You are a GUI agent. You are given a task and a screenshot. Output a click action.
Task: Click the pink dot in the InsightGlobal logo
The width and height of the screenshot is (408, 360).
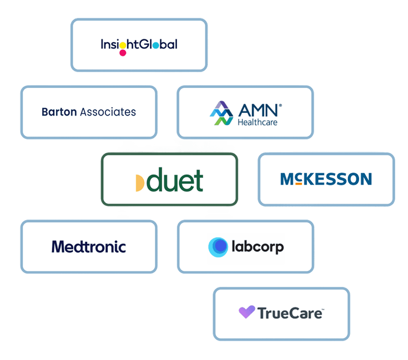pyautogui.click(x=123, y=53)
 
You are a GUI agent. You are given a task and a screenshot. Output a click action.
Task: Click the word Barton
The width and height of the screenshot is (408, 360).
pyautogui.click(x=59, y=112)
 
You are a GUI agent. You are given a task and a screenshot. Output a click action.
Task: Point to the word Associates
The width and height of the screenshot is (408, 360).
pyautogui.click(x=108, y=112)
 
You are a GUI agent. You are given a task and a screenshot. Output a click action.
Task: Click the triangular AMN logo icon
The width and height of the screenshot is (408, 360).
pyautogui.click(x=221, y=113)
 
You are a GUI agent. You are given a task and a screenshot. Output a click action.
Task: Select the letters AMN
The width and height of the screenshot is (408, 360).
pyautogui.click(x=258, y=111)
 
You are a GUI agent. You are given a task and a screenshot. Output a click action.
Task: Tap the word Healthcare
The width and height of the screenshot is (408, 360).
pyautogui.click(x=257, y=122)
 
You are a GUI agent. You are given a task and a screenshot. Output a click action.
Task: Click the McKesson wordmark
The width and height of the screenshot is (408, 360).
pyautogui.click(x=326, y=179)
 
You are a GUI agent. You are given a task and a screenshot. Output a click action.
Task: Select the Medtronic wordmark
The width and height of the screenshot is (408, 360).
pyautogui.click(x=89, y=247)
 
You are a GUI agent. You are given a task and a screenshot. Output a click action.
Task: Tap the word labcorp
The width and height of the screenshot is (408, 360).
pyautogui.click(x=258, y=247)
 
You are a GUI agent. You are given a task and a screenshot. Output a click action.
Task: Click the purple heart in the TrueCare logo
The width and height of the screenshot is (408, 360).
pyautogui.click(x=247, y=312)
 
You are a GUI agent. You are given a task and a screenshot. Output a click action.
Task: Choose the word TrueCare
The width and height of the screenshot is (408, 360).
pyautogui.click(x=290, y=313)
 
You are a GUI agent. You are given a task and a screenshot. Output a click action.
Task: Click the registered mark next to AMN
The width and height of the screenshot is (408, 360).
pyautogui.click(x=280, y=105)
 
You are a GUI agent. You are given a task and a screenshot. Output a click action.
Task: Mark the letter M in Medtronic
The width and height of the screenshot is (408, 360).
pyautogui.click(x=58, y=247)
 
